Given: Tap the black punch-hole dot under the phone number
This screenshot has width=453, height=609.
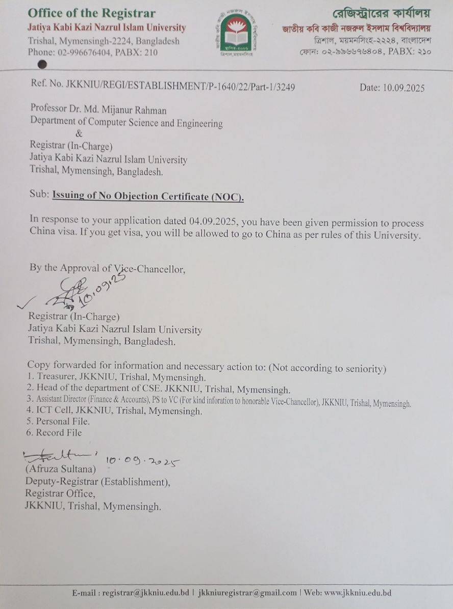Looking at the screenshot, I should pyautogui.click(x=43, y=64).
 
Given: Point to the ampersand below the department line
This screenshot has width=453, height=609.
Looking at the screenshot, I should pyautogui.click(x=79, y=134).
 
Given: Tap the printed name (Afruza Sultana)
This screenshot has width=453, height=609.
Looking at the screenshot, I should pyautogui.click(x=60, y=467).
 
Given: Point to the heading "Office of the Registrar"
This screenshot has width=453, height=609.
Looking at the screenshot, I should pyautogui.click(x=91, y=13).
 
